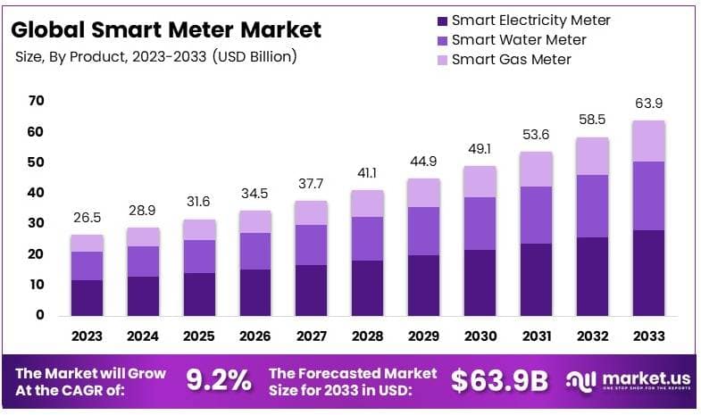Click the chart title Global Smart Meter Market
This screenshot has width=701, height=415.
[166, 29]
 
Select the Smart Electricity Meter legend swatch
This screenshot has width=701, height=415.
[441, 20]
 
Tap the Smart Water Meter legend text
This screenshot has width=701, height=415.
[519, 39]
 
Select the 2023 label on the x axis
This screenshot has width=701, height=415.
[88, 336]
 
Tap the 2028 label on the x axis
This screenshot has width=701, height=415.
[366, 336]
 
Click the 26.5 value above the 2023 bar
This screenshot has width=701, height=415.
[88, 219]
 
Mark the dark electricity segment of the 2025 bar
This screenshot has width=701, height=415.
[198, 294]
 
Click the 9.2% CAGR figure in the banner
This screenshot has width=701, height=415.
[218, 380]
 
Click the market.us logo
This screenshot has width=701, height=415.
[625, 380]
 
